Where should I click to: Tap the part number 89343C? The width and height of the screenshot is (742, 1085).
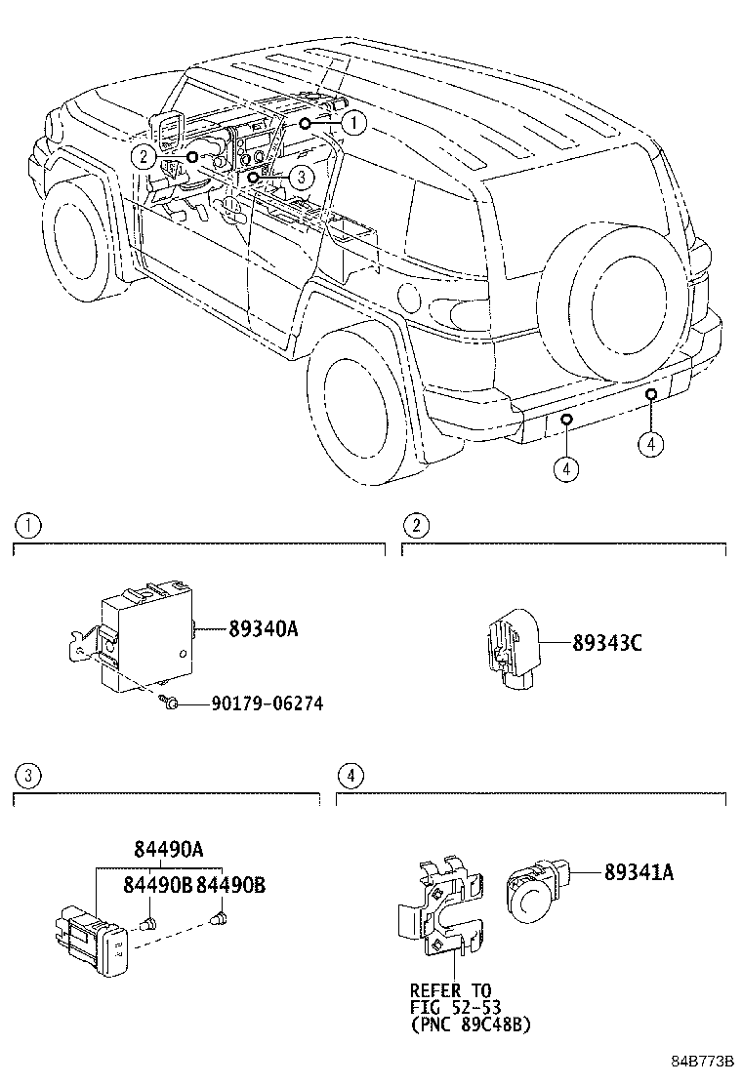coord(606,643)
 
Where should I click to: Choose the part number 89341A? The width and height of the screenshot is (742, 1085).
coord(624,873)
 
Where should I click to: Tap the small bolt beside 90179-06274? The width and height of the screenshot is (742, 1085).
coord(169,703)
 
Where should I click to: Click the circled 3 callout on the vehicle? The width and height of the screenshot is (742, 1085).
coord(301,177)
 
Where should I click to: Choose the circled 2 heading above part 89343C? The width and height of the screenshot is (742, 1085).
coord(417,526)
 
